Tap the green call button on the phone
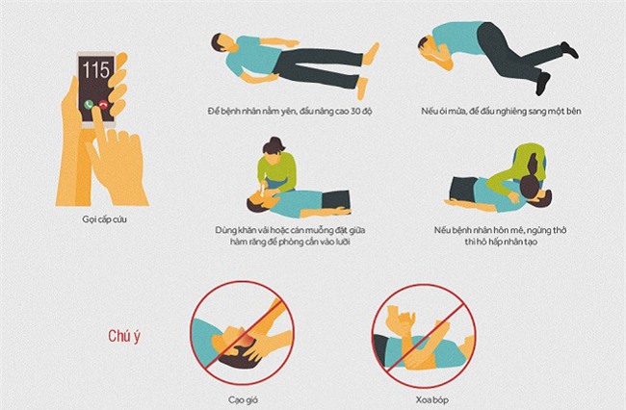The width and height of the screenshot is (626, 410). coord(89,104)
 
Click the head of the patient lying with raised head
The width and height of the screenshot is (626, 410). coord(220,43)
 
